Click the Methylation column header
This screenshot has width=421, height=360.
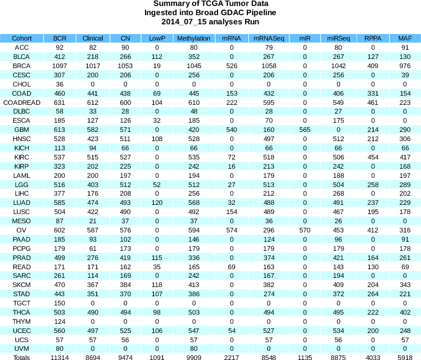[x=193, y=38]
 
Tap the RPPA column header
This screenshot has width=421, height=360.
[x=372, y=38]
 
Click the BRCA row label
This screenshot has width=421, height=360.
[x=22, y=66]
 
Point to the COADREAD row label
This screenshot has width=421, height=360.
[x=22, y=103]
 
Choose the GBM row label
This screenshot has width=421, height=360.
[x=22, y=130]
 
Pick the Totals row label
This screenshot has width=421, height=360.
[x=22, y=357]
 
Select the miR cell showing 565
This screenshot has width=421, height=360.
[x=305, y=130]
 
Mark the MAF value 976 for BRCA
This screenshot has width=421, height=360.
[x=404, y=66]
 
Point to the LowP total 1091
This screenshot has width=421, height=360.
[x=157, y=357]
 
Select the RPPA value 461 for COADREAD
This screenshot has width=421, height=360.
[x=372, y=103]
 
